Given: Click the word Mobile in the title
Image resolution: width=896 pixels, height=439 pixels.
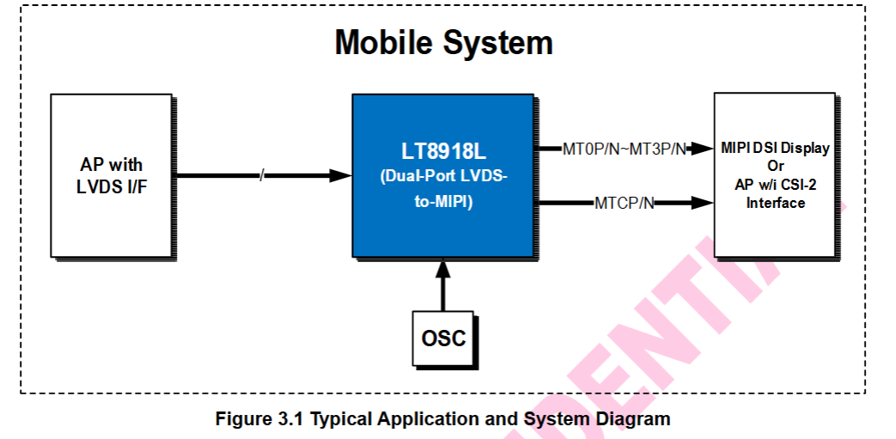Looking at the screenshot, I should tap(385, 42).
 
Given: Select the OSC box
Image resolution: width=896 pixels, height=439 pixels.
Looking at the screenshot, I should tap(443, 337).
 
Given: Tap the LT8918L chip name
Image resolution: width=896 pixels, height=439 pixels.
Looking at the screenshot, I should tap(443, 152).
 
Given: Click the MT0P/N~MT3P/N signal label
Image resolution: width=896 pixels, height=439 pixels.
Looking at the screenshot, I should tap(625, 149).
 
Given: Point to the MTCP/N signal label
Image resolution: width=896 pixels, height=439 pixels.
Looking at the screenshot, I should tap(625, 204).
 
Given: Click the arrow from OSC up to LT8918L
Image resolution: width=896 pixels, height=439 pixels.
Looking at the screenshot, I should tap(443, 284).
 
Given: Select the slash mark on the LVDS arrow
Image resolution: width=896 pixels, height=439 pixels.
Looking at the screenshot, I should tap(263, 176).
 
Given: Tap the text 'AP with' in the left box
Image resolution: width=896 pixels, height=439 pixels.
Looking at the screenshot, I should tap(112, 165).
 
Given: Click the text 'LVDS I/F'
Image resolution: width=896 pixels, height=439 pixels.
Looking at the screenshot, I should tap(112, 186).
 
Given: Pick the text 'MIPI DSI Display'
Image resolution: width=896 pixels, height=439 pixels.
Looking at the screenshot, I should tap(776, 148).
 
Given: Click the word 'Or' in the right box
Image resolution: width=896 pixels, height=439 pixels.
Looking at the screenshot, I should tap(776, 166).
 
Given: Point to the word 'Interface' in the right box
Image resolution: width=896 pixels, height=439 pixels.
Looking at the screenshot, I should tap(776, 204).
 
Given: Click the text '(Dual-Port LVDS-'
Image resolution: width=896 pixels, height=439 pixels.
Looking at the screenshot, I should tap(443, 178).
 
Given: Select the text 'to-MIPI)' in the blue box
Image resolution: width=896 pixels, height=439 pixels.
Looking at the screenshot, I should tap(443, 204).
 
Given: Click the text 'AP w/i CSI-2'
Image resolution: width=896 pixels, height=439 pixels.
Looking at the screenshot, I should tap(776, 185).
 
